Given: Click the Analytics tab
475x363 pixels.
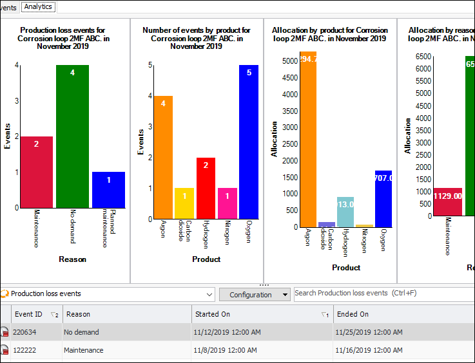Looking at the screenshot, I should coord(38,6).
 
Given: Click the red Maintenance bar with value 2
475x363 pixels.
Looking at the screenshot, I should coord(36,172).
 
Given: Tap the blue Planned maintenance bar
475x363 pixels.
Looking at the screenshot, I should coord(108,190).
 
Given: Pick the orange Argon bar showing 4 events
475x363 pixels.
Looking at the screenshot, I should coord(163,157).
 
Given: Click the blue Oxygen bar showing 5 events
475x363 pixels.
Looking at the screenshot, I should coord(249,142).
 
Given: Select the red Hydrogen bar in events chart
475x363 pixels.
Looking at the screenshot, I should coord(206,188).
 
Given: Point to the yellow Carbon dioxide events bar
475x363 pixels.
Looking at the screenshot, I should coord(184,203).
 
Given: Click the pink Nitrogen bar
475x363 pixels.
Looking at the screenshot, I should coord(228,203).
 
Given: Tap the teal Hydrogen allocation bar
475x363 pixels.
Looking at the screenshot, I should coord(345,212).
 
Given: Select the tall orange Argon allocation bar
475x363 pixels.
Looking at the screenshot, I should coord(308,139).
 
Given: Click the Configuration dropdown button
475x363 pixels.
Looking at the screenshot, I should coord(255,294).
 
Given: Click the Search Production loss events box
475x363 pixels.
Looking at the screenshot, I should coord(383,293).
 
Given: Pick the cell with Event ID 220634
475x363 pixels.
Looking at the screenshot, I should coord(26,332).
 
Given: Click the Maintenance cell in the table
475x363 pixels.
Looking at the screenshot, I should coord(84,350).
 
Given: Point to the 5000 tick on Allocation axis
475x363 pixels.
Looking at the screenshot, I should coord(289,61).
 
